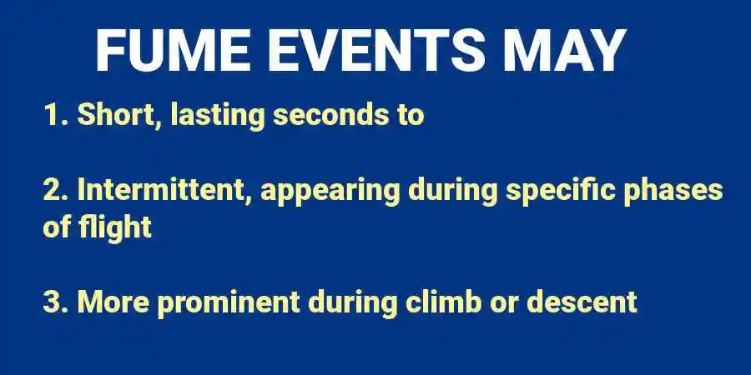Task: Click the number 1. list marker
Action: tap(55, 115)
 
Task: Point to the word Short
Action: tap(119, 115)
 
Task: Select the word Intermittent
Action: tap(164, 190)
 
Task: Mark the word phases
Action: tap(677, 192)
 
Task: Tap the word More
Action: tap(113, 301)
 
